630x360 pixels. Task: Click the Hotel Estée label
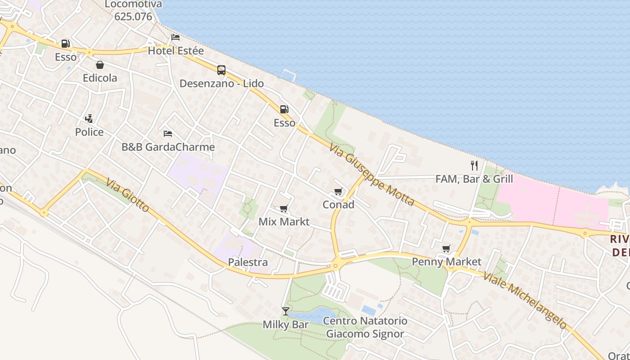(175, 51)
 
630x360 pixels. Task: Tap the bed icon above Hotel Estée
(175, 37)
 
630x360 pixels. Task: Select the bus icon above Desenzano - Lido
(221, 70)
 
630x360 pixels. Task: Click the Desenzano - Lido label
(221, 84)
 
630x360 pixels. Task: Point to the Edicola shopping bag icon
(100, 65)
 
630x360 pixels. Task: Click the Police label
(89, 132)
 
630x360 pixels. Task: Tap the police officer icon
(89, 119)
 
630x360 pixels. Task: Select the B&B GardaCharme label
(168, 147)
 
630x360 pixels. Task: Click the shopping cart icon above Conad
(338, 192)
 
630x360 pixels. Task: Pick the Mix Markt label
(284, 222)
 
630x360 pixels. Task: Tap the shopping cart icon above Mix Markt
(283, 208)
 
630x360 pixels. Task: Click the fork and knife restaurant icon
(474, 165)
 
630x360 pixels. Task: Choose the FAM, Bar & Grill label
(474, 179)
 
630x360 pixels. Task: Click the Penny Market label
(446, 262)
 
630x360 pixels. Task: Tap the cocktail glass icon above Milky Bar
(285, 311)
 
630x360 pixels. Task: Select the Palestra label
(247, 262)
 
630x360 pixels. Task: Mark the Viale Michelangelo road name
(525, 299)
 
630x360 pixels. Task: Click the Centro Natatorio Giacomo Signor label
(365, 328)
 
